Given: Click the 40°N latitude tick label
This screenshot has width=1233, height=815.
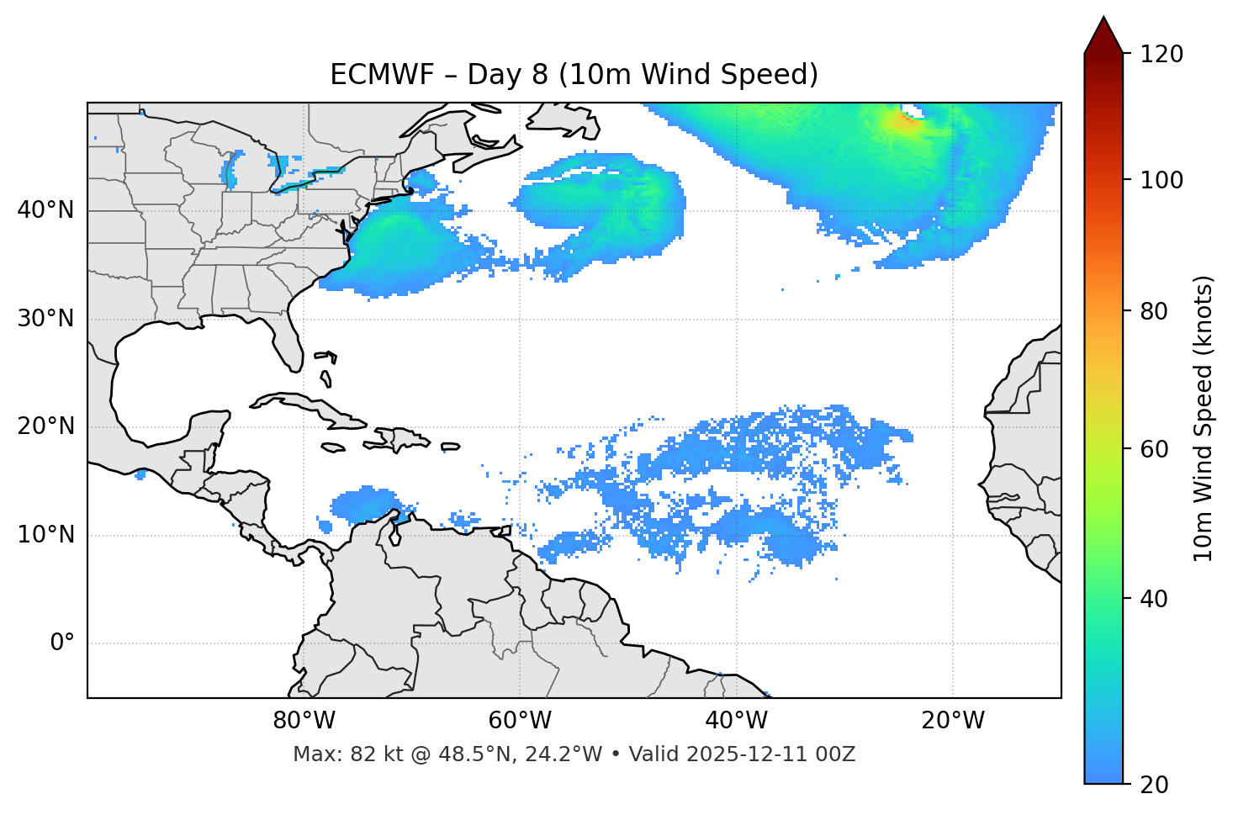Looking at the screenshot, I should (x=45, y=210).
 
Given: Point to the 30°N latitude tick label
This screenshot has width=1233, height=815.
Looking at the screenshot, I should (x=45, y=319).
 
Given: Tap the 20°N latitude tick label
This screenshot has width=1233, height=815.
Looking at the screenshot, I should (x=45, y=426).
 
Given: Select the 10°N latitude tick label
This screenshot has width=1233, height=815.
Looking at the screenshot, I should (x=45, y=535).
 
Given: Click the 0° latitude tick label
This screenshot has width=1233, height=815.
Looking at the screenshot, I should (x=62, y=643).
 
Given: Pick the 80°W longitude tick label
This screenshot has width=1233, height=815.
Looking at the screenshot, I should (x=304, y=721).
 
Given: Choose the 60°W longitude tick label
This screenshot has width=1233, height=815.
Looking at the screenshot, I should (x=520, y=721).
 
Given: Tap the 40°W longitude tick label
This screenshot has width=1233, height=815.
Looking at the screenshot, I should (x=736, y=721).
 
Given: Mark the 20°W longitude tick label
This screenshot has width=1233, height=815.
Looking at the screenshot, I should (x=953, y=721).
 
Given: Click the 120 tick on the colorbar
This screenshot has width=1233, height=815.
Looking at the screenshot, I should (x=1162, y=55).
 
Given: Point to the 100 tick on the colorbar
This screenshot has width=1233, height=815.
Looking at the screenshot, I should (x=1162, y=180).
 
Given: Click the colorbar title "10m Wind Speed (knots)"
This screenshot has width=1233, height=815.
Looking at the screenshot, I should (x=1204, y=418).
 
